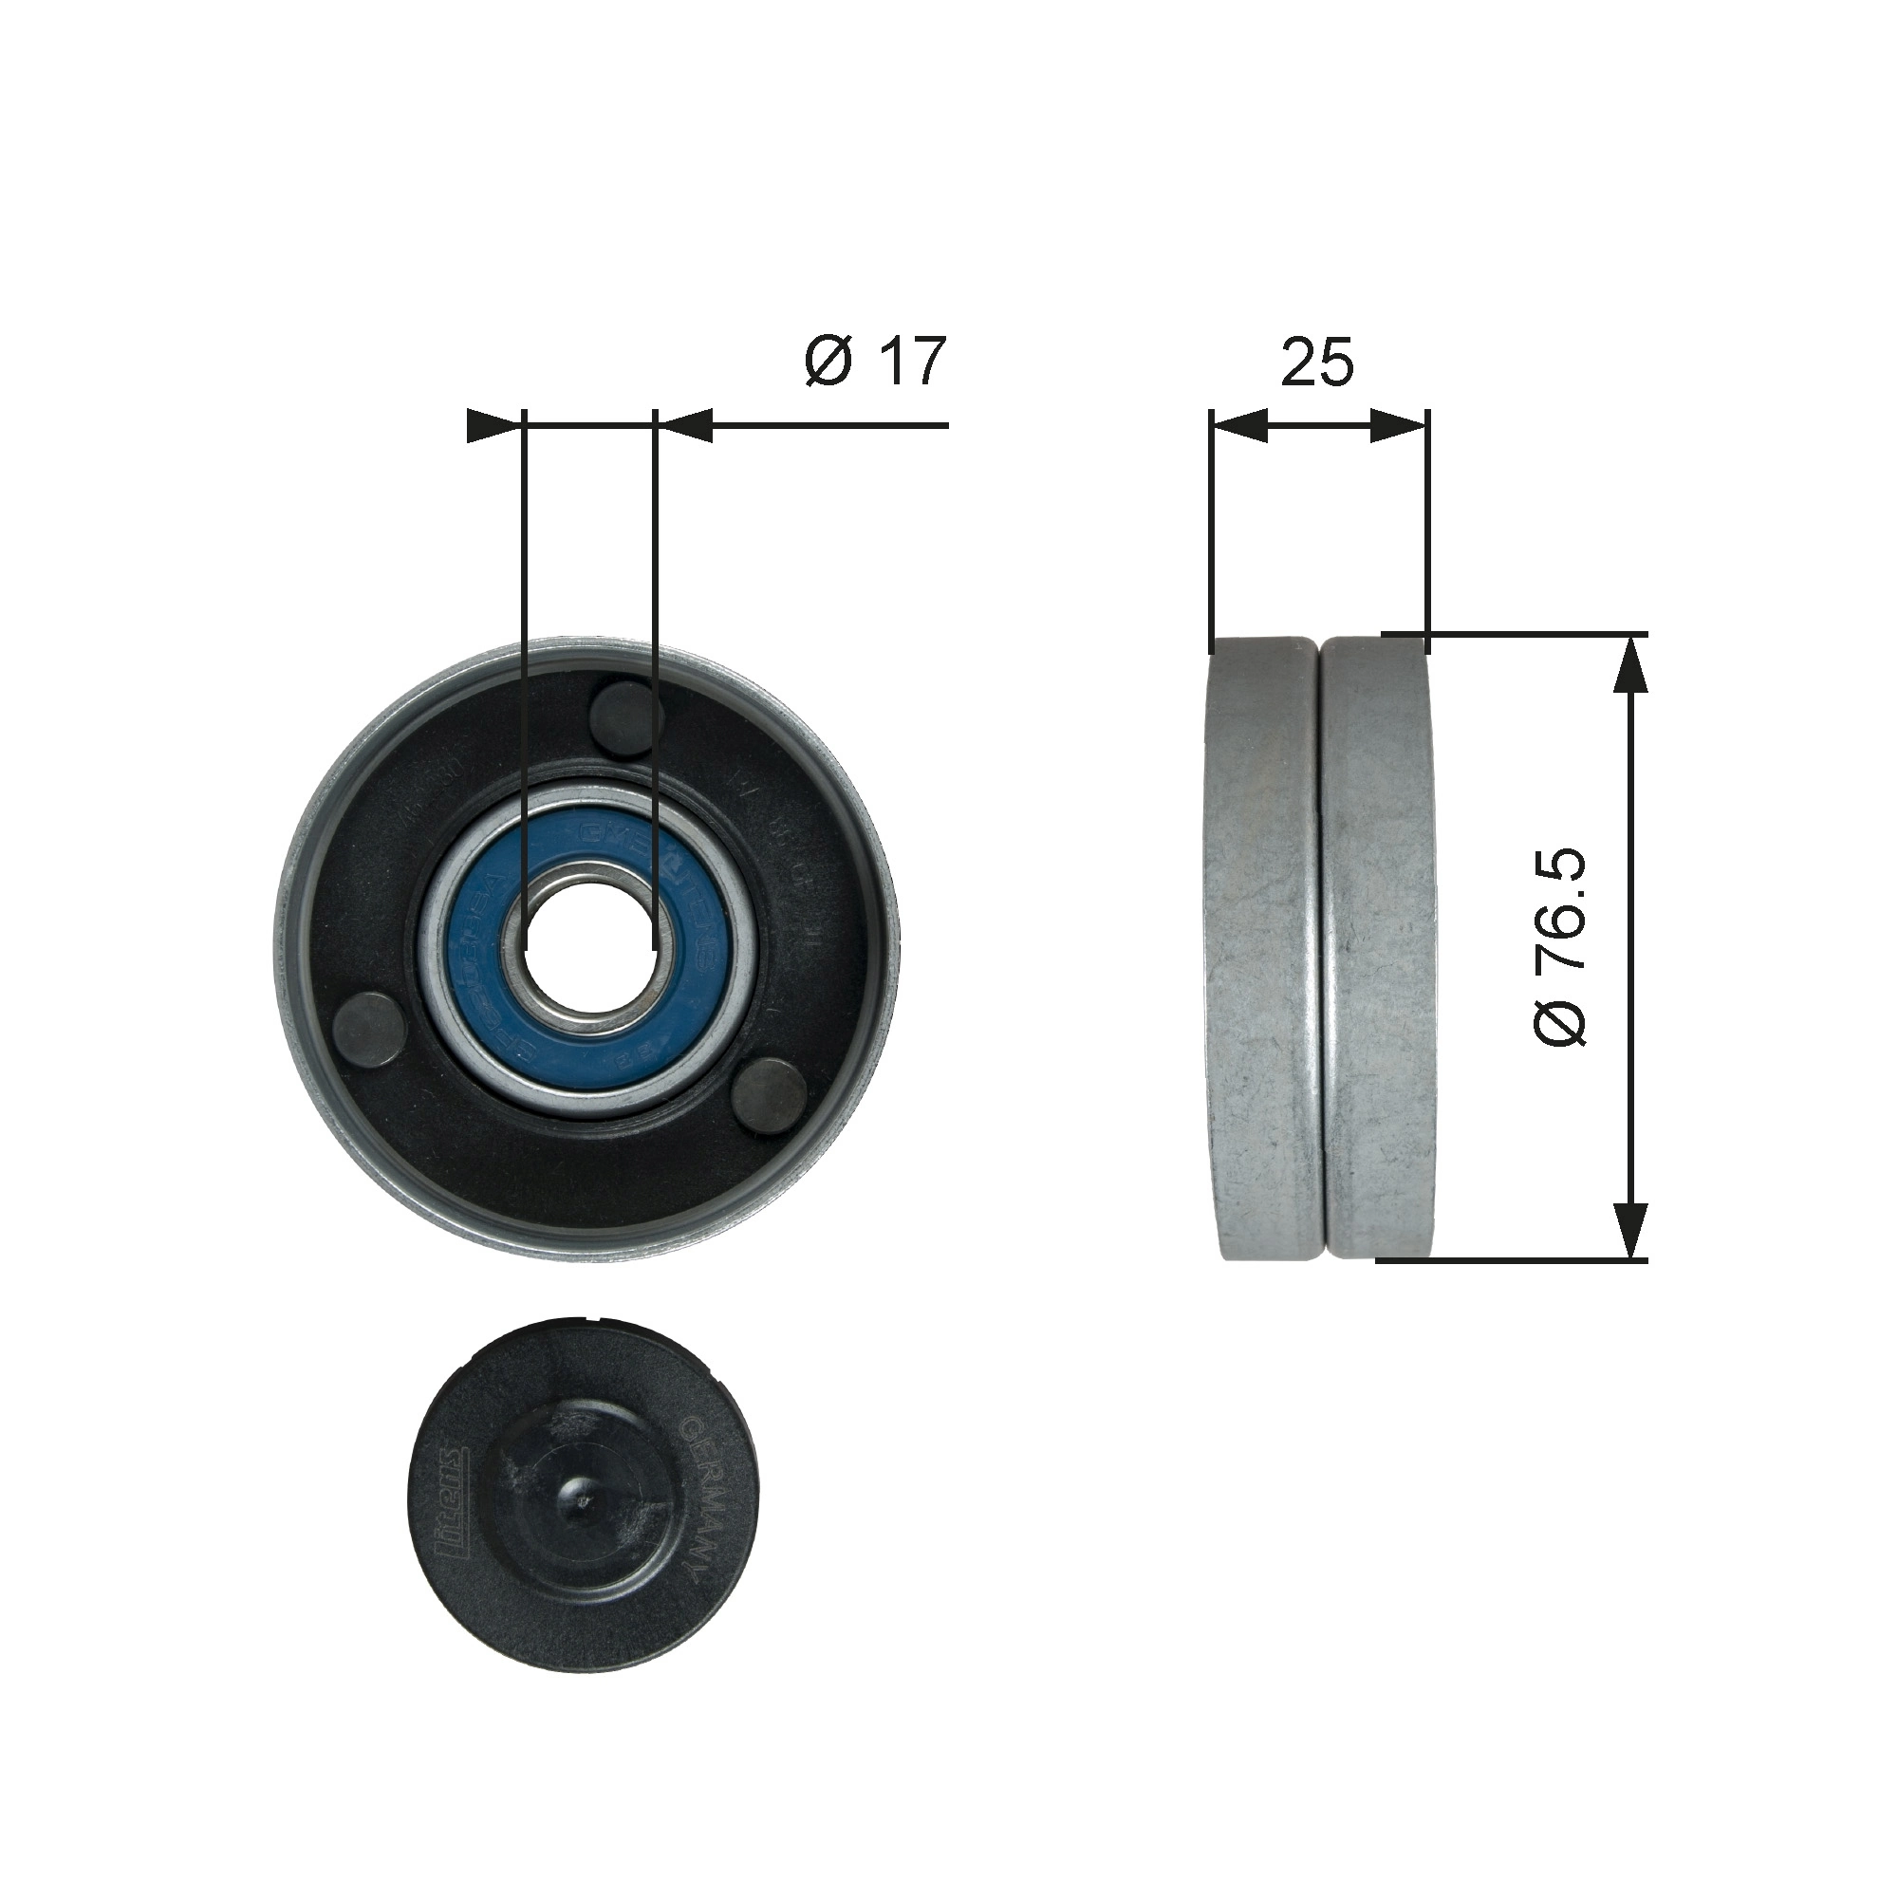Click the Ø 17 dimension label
[x=874, y=361]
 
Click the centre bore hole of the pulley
[x=589, y=947]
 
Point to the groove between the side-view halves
[x=1318, y=948]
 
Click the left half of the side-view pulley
[x=1262, y=948]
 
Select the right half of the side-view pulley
[x=1375, y=948]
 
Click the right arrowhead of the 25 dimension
[x=1397, y=426]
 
